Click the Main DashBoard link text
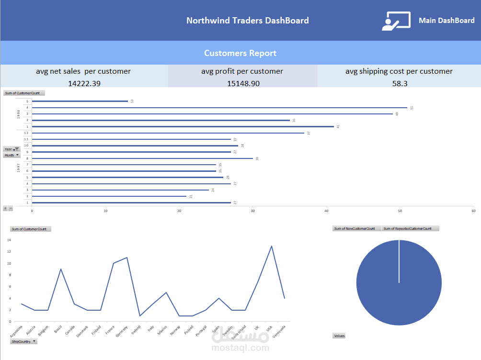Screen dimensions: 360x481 [447, 21]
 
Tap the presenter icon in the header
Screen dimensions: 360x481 [396, 21]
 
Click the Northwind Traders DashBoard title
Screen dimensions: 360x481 [247, 21]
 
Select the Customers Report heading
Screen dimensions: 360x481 [240, 53]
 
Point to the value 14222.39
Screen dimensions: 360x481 [84, 83]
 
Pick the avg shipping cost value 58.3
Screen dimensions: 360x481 [399, 83]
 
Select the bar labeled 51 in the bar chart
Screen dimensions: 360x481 [219, 108]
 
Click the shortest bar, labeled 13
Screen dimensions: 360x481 [80, 101]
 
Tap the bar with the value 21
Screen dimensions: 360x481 [109, 196]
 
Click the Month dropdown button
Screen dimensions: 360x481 [11, 155]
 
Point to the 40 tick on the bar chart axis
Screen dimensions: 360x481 [326, 211]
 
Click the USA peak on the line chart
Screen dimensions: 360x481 [272, 246]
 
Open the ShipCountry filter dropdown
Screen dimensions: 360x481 [24, 341]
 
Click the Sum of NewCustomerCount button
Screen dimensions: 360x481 [356, 228]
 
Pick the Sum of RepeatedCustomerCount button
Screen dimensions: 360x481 [410, 228]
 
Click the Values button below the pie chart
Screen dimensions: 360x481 [339, 336]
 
